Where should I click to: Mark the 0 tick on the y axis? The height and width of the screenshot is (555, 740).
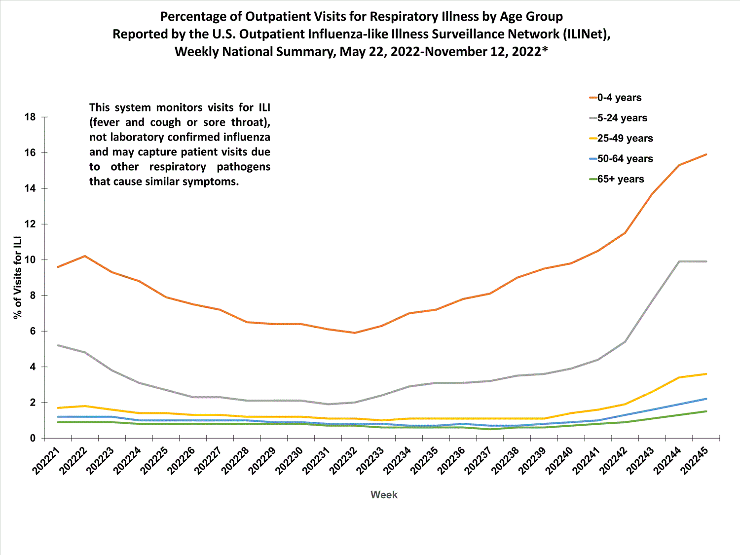point(33,438)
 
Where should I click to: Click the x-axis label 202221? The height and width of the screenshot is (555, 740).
point(46,461)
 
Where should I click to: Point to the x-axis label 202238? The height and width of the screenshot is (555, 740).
point(506,461)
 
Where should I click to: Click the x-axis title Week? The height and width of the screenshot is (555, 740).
point(384,495)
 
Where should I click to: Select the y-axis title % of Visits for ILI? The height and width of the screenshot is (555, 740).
point(18,278)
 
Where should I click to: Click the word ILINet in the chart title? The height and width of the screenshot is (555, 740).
point(582,34)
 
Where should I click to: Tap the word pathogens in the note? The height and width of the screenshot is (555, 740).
point(243,167)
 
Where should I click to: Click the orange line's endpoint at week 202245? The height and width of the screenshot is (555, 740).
point(706,154)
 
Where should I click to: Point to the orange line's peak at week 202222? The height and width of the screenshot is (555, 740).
point(85,256)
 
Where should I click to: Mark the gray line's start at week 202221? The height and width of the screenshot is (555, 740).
point(58,345)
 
